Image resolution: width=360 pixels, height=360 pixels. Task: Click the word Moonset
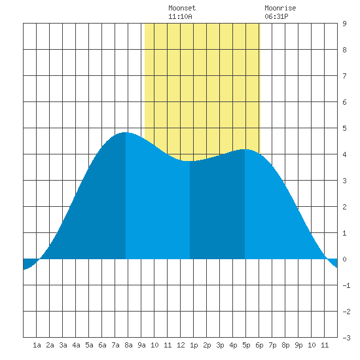click(x=182, y=8)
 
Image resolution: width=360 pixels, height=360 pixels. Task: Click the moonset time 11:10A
click(x=180, y=16)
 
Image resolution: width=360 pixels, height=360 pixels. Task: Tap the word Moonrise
click(x=280, y=8)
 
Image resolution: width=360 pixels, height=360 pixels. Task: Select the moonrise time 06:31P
click(x=276, y=16)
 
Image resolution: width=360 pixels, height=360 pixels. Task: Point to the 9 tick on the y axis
click(x=344, y=24)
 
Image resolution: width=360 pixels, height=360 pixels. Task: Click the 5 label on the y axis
click(x=344, y=128)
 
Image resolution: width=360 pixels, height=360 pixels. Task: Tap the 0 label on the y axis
click(x=344, y=259)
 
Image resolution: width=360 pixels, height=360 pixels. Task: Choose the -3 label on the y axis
click(x=346, y=338)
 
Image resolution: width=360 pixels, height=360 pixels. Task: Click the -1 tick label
click(x=346, y=285)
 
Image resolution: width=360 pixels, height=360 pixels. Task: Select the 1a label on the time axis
click(x=37, y=345)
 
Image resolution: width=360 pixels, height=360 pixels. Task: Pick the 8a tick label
click(x=128, y=345)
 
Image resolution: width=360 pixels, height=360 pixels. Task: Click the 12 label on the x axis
click(x=181, y=345)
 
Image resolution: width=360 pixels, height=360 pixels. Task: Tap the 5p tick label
click(x=246, y=345)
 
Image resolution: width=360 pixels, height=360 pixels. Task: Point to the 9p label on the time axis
click(x=298, y=345)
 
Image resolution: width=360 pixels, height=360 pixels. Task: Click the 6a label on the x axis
click(x=102, y=345)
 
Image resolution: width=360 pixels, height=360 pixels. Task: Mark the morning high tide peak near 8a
click(x=126, y=132)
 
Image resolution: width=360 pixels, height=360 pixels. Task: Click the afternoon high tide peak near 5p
click(x=245, y=149)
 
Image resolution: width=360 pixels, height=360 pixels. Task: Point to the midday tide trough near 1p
click(x=190, y=161)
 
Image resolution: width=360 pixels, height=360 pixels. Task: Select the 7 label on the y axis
click(x=344, y=76)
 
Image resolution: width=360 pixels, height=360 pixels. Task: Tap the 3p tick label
click(x=220, y=345)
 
